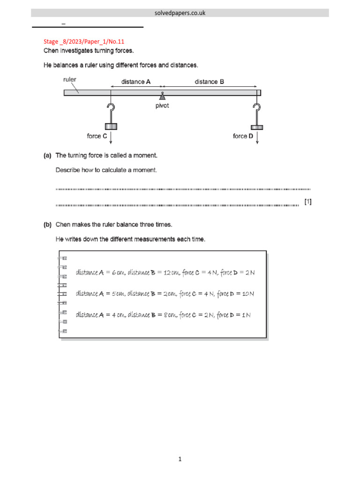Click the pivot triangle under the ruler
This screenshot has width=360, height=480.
click(162, 97)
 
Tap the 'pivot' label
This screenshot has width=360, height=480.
click(162, 106)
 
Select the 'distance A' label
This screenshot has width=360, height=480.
click(136, 82)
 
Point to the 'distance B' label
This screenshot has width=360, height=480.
click(209, 82)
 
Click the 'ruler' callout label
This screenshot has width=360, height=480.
click(70, 80)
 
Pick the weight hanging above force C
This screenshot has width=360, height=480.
click(111, 126)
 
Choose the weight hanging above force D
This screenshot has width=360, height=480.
click(256, 127)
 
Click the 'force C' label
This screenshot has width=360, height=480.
click(97, 136)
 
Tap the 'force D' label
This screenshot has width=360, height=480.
click(243, 136)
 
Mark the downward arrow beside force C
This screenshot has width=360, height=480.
click(111, 138)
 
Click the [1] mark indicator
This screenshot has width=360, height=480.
click(307, 202)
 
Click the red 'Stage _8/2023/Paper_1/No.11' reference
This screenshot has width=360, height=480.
click(81, 42)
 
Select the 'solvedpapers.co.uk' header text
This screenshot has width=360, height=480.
click(180, 13)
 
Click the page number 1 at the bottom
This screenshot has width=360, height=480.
click(180, 459)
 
